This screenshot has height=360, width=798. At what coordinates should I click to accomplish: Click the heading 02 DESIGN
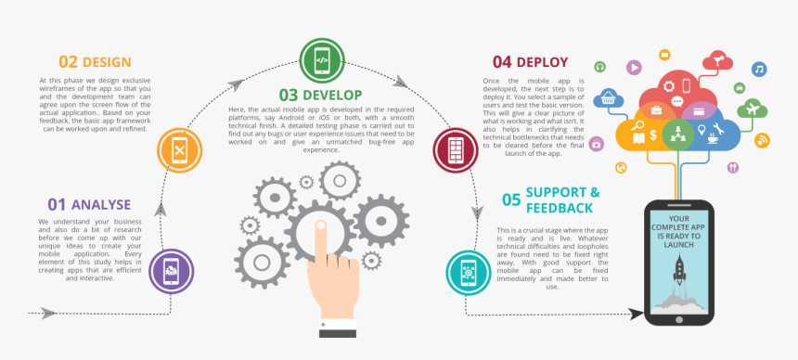(x=95, y=62)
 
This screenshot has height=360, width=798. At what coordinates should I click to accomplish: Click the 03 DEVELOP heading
(x=320, y=94)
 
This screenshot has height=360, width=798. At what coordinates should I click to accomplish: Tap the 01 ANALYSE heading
(x=90, y=203)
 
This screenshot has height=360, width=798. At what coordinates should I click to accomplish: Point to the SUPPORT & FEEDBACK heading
(x=550, y=199)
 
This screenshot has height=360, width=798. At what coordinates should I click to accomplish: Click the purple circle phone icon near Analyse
(x=172, y=272)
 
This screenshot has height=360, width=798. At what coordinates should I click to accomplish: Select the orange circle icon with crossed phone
(x=179, y=148)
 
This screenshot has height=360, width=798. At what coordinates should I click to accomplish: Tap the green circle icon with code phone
(x=321, y=60)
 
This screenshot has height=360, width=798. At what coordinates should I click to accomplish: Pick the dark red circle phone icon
(x=456, y=149)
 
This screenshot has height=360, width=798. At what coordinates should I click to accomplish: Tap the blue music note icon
(x=759, y=70)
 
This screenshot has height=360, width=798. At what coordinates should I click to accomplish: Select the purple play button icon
(x=633, y=67)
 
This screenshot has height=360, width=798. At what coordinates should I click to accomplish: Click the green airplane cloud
(x=751, y=108)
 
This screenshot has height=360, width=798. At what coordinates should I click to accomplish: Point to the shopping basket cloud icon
(x=610, y=96)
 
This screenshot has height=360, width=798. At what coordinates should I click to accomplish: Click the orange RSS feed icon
(x=763, y=140)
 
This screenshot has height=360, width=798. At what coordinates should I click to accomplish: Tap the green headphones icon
(x=600, y=67)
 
